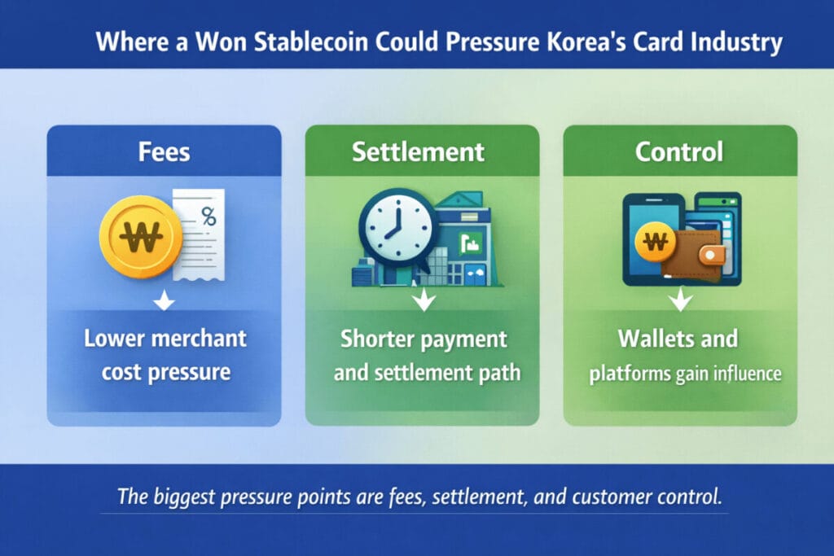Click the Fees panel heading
tap(164, 151)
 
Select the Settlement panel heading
tap(422, 151)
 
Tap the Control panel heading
tap(680, 151)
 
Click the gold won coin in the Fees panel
tap(140, 236)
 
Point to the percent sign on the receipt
tap(208, 217)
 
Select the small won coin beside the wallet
tap(656, 242)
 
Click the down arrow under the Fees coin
tap(164, 303)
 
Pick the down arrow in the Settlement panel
tap(422, 302)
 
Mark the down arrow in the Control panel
tap(680, 302)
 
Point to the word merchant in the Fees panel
tap(197, 338)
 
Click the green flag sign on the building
tap(469, 241)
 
